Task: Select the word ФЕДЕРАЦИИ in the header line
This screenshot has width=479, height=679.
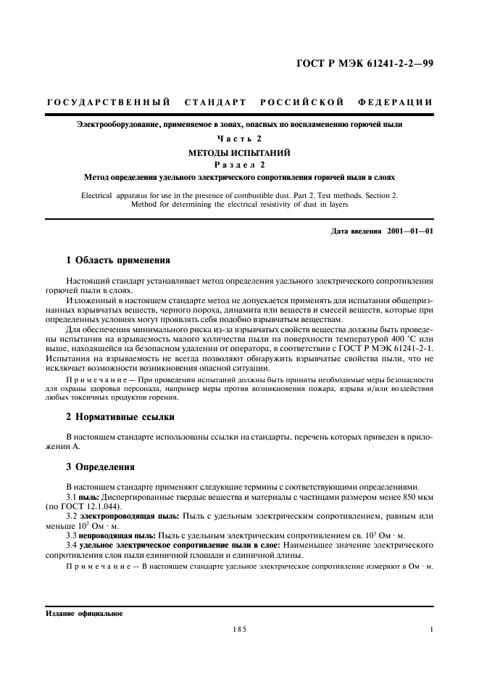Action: (x=395, y=102)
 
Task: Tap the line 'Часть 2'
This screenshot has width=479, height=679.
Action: (x=239, y=138)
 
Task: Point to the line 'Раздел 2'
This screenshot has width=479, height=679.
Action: (x=239, y=164)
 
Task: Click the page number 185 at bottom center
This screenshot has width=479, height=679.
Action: (x=239, y=630)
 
